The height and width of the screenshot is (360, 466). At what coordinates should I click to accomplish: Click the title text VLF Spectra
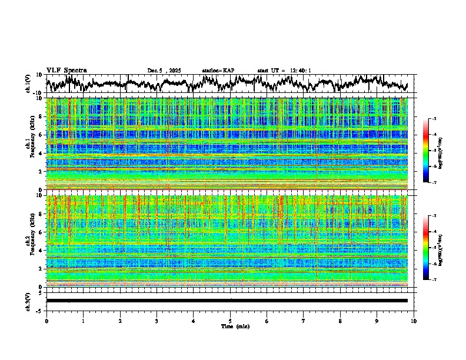click(66, 70)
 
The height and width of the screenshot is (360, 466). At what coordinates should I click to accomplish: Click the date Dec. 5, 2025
click(164, 71)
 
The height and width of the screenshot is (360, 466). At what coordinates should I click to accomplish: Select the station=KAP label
click(218, 71)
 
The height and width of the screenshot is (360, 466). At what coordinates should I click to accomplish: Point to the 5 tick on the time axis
click(230, 321)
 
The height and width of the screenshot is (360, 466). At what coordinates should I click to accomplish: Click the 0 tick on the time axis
click(46, 321)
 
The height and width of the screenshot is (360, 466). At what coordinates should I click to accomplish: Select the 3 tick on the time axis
click(157, 321)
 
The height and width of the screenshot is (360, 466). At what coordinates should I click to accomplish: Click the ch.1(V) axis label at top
click(29, 84)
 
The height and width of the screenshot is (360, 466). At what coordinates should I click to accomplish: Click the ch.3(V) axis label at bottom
click(29, 301)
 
